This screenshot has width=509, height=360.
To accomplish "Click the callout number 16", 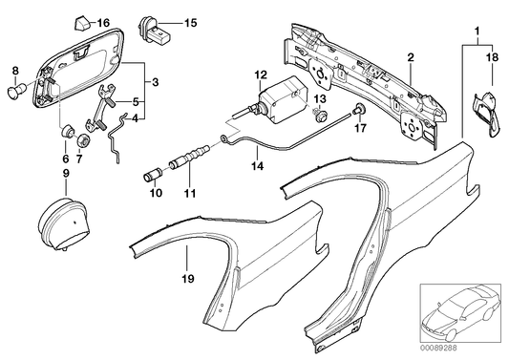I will tap(105, 22).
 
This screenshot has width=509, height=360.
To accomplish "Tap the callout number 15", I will tap(189, 21).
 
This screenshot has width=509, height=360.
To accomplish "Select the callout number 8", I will tap(14, 71).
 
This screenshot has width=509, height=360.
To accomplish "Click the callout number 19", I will tap(187, 280).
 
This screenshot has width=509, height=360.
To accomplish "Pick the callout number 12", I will tap(260, 74).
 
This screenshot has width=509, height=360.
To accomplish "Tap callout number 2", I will tap(410, 58).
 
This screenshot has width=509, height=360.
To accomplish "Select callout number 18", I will tap(494, 59).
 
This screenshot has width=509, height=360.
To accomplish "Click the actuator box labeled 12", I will tap(279, 95).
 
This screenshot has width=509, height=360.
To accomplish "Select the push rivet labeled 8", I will tap(17, 92).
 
